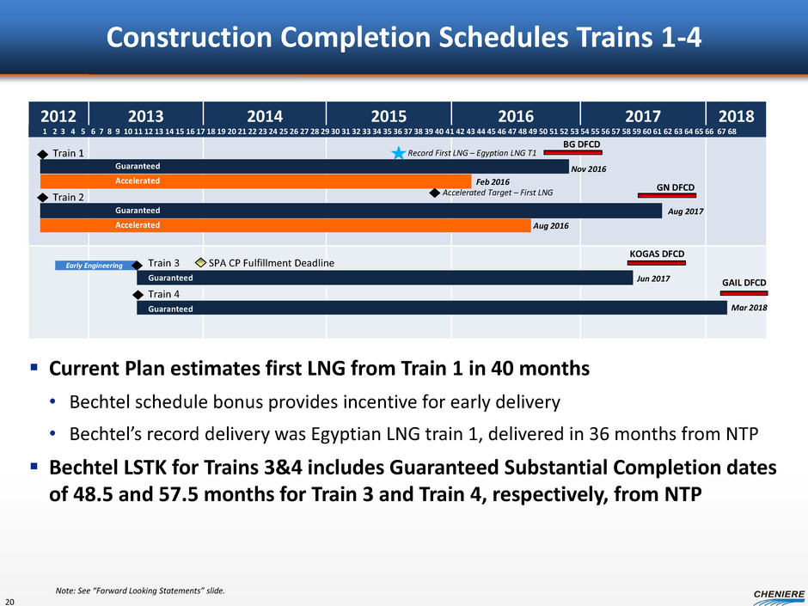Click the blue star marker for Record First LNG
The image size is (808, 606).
398,153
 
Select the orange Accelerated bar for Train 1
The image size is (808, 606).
255,181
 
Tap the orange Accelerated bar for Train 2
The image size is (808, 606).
285,225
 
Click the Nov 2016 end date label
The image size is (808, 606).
589,169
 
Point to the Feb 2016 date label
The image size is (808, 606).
493,182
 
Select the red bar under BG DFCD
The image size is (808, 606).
573,153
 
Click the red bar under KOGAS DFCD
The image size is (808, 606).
657,263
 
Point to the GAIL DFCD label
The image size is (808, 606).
744,282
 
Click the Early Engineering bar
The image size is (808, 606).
95,266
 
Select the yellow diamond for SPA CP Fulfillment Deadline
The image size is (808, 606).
200,262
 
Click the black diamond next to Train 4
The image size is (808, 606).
138,294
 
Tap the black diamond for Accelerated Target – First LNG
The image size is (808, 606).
434,193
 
